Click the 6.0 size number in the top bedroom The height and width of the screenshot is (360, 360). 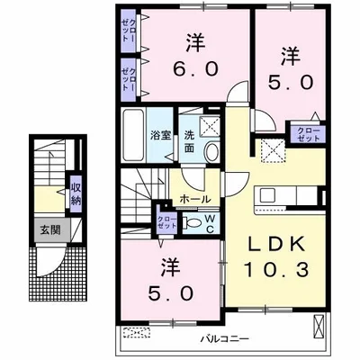coord(194,69)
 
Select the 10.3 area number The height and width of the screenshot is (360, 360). coord(276,269)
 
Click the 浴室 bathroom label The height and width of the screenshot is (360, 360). coord(160,135)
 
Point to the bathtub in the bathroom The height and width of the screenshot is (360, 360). coord(133,135)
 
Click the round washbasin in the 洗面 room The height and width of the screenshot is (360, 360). coord(212,151)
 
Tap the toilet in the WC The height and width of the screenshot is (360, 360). coord(193,222)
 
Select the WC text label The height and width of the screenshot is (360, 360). coord(210,223)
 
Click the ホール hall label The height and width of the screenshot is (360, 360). coord(195,199)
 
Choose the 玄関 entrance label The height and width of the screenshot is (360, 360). coord(50,230)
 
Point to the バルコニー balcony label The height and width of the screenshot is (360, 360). coord(225,339)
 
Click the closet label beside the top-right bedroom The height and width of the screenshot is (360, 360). coord(308,134)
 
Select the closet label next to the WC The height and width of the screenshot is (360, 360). coord(166,222)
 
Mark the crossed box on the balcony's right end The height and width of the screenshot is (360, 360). coord(319,328)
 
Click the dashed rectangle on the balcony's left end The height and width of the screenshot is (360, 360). coord(137,333)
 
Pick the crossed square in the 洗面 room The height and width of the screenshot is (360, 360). coord(210,126)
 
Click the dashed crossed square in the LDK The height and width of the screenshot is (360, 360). coord(272,151)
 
